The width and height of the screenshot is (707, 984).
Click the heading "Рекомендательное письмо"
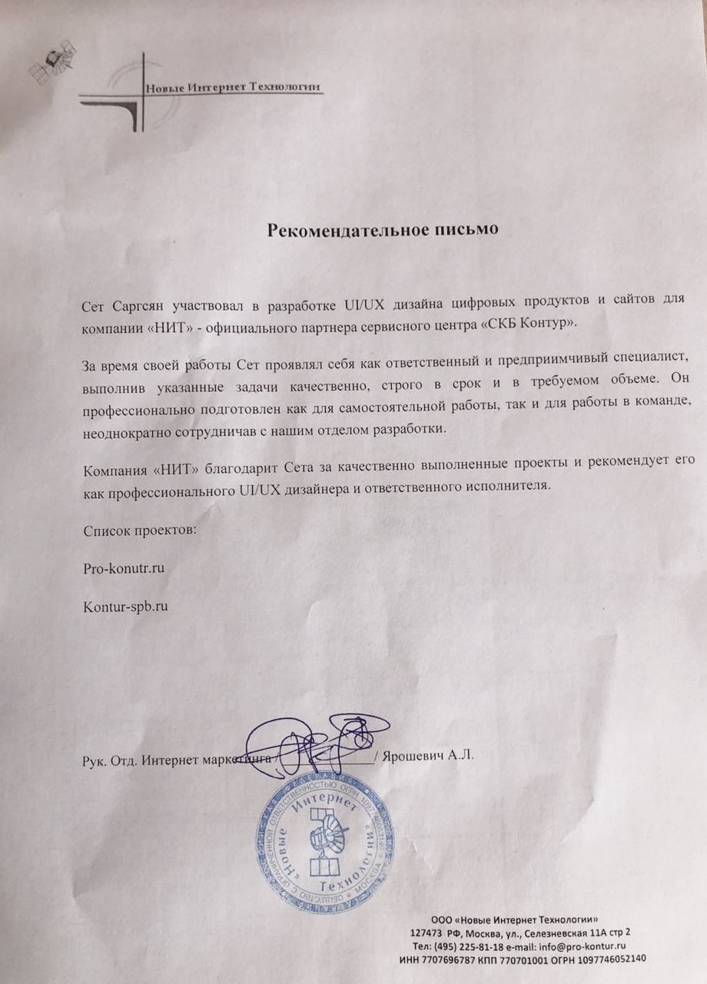(x=383, y=229)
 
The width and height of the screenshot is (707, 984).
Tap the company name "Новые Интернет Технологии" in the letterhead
(x=232, y=87)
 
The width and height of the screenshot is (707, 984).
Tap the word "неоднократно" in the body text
(x=122, y=430)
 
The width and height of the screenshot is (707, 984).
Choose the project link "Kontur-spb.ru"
(x=125, y=606)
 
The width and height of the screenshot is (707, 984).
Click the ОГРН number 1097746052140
(x=608, y=959)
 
